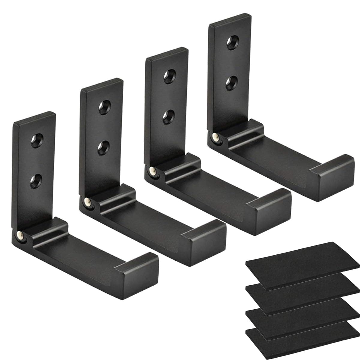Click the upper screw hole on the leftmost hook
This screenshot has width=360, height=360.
pyautogui.click(x=37, y=139)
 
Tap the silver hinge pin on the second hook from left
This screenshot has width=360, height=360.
pyautogui.click(x=87, y=201)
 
